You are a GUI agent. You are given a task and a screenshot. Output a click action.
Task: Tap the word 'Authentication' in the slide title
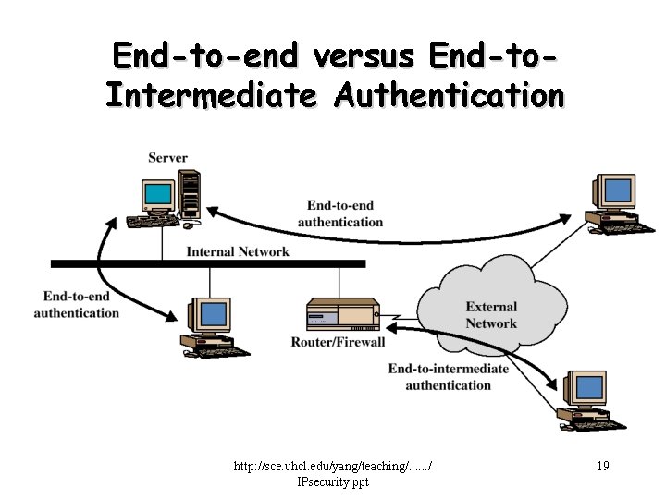[x=450, y=94]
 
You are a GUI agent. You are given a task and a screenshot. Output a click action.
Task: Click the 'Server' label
[x=167, y=158]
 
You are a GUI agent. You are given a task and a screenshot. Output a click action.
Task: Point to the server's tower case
[x=190, y=193]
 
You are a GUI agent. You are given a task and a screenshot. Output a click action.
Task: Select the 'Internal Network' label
[x=238, y=251]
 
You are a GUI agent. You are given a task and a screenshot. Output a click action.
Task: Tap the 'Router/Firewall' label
[x=338, y=342]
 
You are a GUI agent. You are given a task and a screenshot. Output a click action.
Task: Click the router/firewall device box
[x=343, y=315]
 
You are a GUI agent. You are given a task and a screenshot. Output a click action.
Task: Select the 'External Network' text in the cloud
[x=491, y=315]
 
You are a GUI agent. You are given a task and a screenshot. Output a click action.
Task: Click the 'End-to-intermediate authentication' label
[x=448, y=376]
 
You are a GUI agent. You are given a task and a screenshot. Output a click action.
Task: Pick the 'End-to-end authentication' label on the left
[x=77, y=305]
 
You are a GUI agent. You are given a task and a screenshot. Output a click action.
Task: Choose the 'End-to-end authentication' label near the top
[x=340, y=213]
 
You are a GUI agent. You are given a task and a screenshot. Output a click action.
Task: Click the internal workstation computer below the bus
[x=214, y=325]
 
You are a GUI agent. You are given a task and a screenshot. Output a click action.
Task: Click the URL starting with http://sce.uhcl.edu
[x=333, y=468]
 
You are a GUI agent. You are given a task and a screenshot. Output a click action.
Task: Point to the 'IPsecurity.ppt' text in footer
[x=333, y=481]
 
